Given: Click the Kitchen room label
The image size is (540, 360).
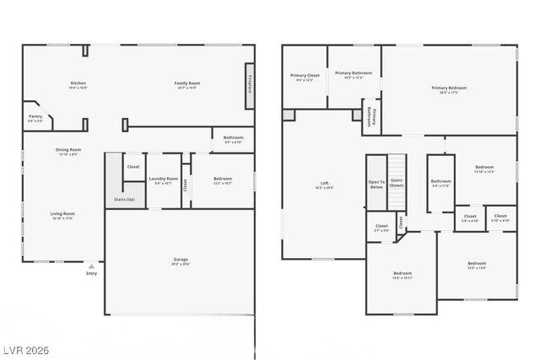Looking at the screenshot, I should tap(78, 83).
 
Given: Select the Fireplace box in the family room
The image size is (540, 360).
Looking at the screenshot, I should tap(250, 85).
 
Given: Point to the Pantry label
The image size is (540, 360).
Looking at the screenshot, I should tap(35, 116).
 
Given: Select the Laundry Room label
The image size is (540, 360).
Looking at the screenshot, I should tap(164, 179).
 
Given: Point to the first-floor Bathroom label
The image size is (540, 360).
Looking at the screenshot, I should tap(234, 137).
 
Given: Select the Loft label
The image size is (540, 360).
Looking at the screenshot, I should tap(324, 184).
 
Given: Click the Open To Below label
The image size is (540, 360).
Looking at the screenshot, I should tap(376, 183).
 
